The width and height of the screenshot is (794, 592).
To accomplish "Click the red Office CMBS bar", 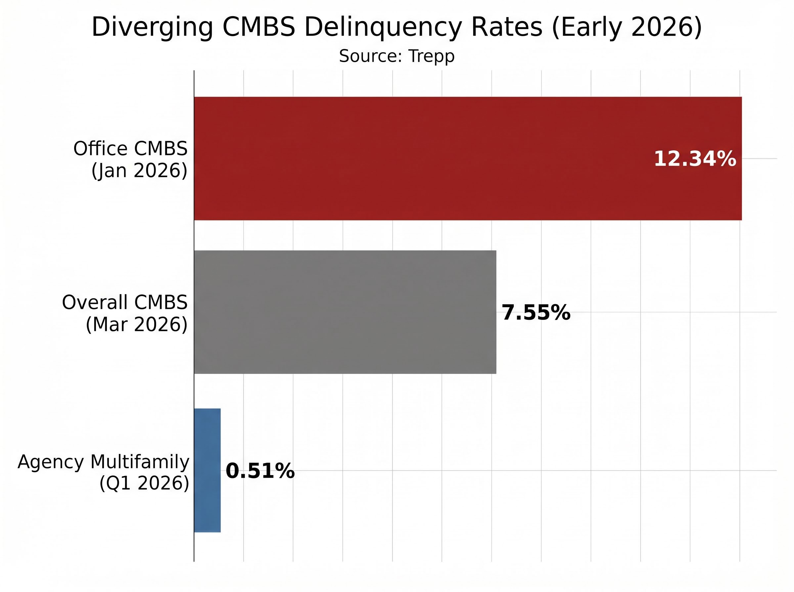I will [x=430, y=158].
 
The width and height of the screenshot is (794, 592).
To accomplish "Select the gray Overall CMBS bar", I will [x=344, y=312].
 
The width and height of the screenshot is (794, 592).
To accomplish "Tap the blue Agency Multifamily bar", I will [x=207, y=470].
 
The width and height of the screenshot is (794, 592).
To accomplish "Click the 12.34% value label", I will [x=695, y=159].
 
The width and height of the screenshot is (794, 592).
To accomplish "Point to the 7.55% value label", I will [x=536, y=313].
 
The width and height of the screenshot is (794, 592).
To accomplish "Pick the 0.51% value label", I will [x=260, y=471].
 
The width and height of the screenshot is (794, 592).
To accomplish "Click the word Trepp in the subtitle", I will [x=431, y=56].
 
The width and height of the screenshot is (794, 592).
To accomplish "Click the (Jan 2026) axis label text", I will [x=139, y=170].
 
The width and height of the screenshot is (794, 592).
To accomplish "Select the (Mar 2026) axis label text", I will [x=136, y=325].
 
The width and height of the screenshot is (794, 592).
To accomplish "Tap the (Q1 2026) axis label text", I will [x=144, y=483].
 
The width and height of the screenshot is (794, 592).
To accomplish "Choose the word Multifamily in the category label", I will [x=140, y=462].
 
